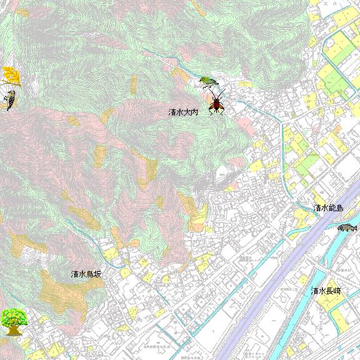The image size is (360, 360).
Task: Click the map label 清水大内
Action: point(183,112)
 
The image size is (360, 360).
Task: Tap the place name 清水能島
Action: point(327,207)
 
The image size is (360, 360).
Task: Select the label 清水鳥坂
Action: point(86,274)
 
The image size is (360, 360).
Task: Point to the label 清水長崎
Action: point(327,291)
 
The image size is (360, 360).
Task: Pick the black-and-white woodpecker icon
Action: point(9,100)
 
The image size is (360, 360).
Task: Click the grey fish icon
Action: point(347,227)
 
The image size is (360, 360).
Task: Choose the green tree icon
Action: point(13,321)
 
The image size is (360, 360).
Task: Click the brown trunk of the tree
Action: point(12,330)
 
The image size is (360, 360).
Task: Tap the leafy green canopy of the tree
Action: point(13,316)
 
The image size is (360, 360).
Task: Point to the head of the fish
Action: point(354,226)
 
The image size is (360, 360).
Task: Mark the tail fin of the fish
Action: point(339,227)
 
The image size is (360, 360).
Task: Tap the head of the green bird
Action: point(202,79)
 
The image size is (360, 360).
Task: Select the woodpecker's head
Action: point(11,93)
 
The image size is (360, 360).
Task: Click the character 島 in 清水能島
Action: point(338,207)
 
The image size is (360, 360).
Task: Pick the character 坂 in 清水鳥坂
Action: point(97,274)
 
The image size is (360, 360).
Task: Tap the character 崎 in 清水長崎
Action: point(337,291)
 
